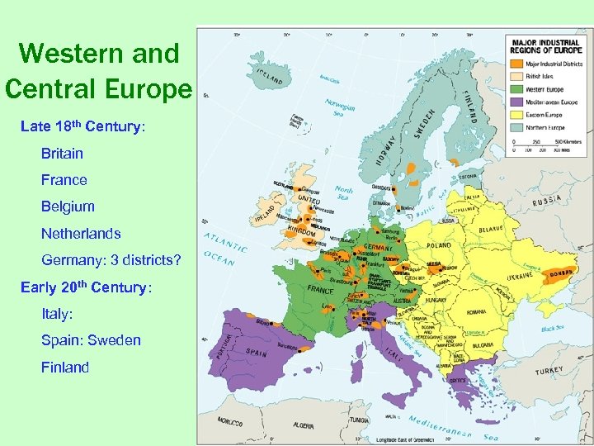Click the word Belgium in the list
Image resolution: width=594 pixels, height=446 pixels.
pyautogui.click(x=68, y=206)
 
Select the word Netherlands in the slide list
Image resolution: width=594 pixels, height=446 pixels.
pyautogui.click(x=81, y=234)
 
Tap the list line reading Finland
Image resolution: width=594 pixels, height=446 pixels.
pyautogui.click(x=65, y=368)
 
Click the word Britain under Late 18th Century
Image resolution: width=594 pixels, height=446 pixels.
pyautogui.click(x=62, y=153)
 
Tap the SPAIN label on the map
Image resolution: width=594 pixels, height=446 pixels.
pyautogui.click(x=257, y=352)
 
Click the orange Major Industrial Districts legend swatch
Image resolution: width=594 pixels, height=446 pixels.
pyautogui.click(x=516, y=64)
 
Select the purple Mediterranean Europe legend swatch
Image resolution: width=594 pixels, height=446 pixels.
pyautogui.click(x=516, y=102)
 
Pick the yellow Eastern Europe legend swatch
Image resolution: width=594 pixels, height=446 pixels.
pyautogui.click(x=516, y=115)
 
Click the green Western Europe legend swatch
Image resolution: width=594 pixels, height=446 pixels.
pyautogui.click(x=516, y=89)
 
